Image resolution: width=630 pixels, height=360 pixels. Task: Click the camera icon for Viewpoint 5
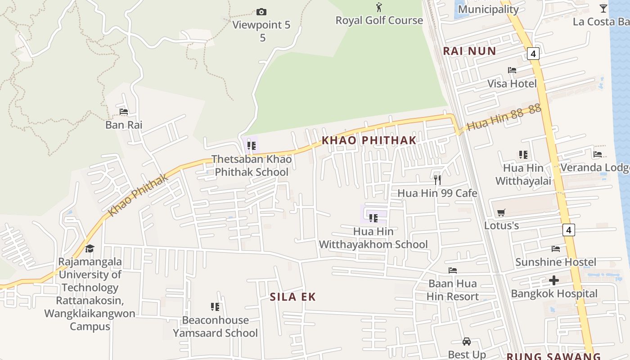point(261,12)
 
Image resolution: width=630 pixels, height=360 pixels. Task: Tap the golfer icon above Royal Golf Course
point(379,7)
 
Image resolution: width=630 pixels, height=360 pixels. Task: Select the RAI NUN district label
point(469,51)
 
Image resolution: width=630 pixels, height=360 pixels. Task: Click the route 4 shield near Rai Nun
point(533,54)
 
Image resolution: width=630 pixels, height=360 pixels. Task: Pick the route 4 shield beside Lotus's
point(569,230)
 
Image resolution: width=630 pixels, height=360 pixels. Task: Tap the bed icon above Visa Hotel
point(512,70)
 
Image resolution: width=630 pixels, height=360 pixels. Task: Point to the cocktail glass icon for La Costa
point(603,8)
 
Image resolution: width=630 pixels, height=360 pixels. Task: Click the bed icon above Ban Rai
point(124,112)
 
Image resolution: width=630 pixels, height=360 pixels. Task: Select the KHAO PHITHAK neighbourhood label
point(369,140)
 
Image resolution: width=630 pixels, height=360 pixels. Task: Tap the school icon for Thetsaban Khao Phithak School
point(251,146)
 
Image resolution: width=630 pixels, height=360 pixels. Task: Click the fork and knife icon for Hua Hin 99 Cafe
point(437,180)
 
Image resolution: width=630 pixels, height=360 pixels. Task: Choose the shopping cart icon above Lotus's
point(501,212)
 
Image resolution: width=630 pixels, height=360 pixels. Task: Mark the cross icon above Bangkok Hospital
point(554,280)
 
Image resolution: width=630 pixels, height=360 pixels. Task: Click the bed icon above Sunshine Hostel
point(556,249)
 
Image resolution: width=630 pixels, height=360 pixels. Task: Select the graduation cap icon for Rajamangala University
point(90,248)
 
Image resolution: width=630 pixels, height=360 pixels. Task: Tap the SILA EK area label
point(293,297)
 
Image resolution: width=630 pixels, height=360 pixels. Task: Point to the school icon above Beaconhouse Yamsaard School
point(215,307)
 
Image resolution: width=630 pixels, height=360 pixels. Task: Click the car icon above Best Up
point(467,342)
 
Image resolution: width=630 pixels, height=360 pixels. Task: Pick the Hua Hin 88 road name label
point(503,118)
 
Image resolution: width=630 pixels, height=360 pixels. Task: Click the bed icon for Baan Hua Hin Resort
point(453,270)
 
